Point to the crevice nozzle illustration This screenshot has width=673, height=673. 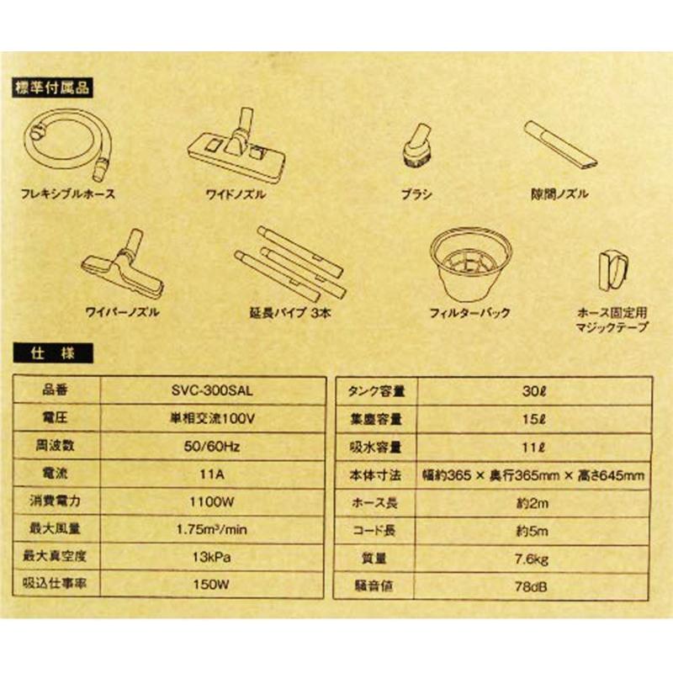[559, 144]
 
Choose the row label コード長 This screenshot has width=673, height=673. [377, 529]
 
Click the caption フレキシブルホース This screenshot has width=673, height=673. [67, 194]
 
